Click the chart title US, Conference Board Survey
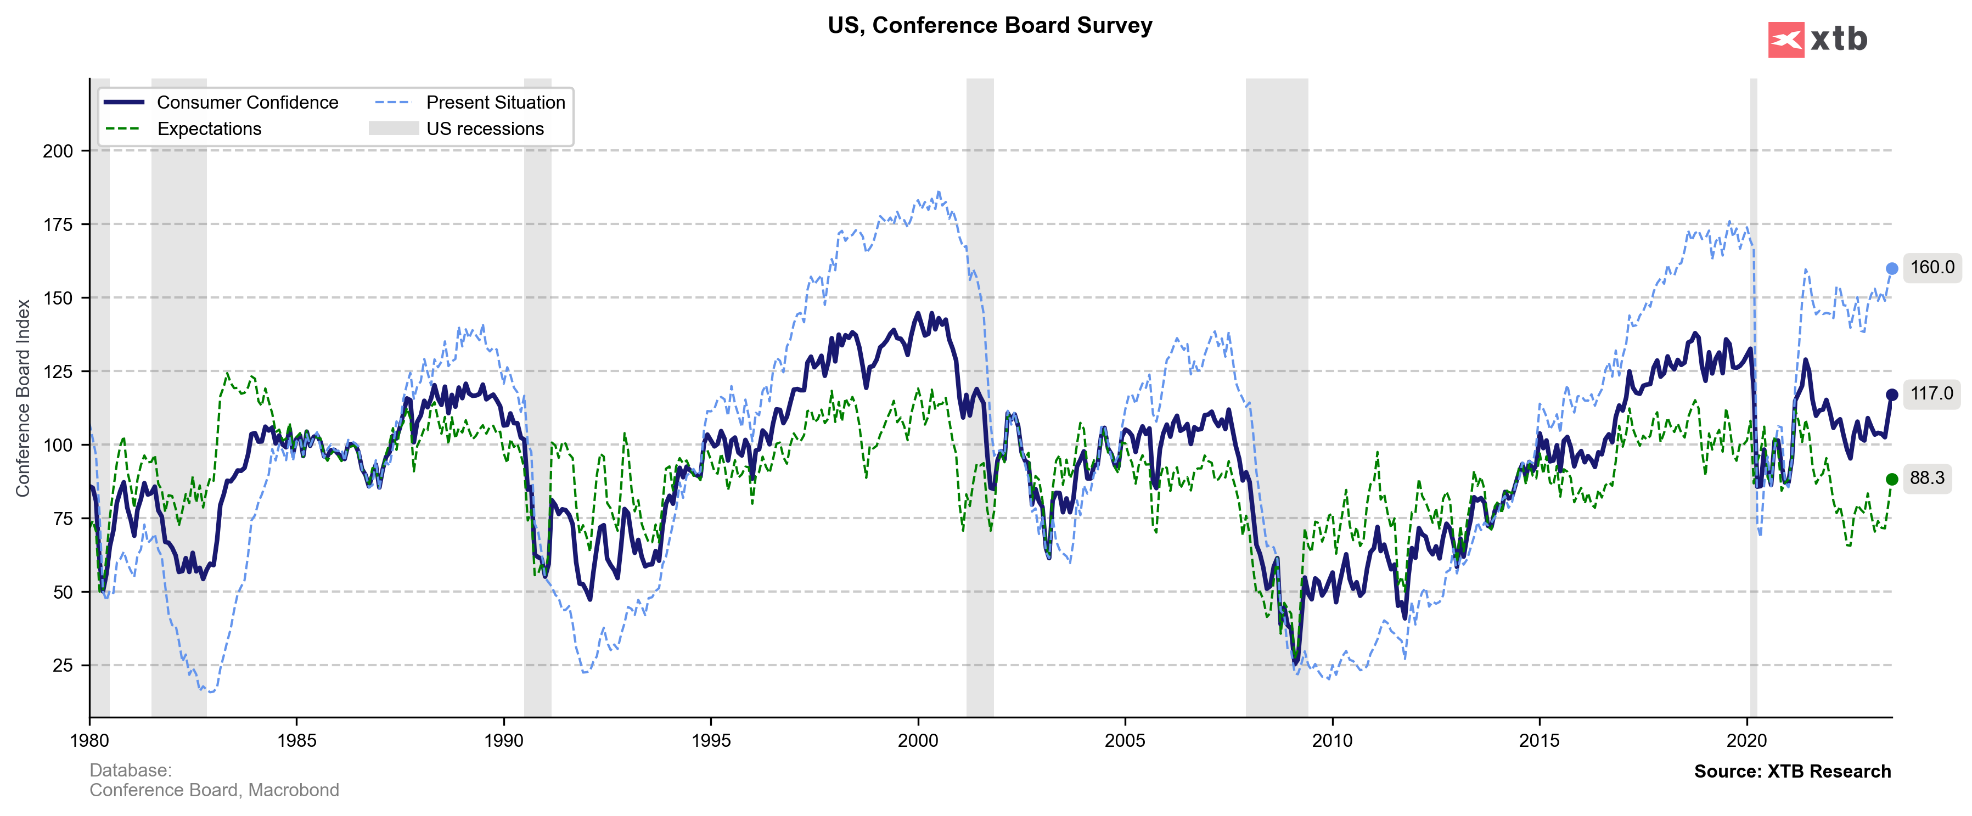(989, 25)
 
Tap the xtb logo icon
(1785, 40)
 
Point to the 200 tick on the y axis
(58, 151)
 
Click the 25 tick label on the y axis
(63, 665)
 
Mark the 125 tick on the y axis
(58, 372)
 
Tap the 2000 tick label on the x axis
(917, 740)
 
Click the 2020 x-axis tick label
(1746, 740)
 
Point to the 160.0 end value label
(1931, 268)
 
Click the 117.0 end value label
(1931, 394)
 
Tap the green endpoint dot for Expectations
(1892, 479)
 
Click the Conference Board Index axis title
(23, 398)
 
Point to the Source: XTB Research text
(1792, 771)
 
